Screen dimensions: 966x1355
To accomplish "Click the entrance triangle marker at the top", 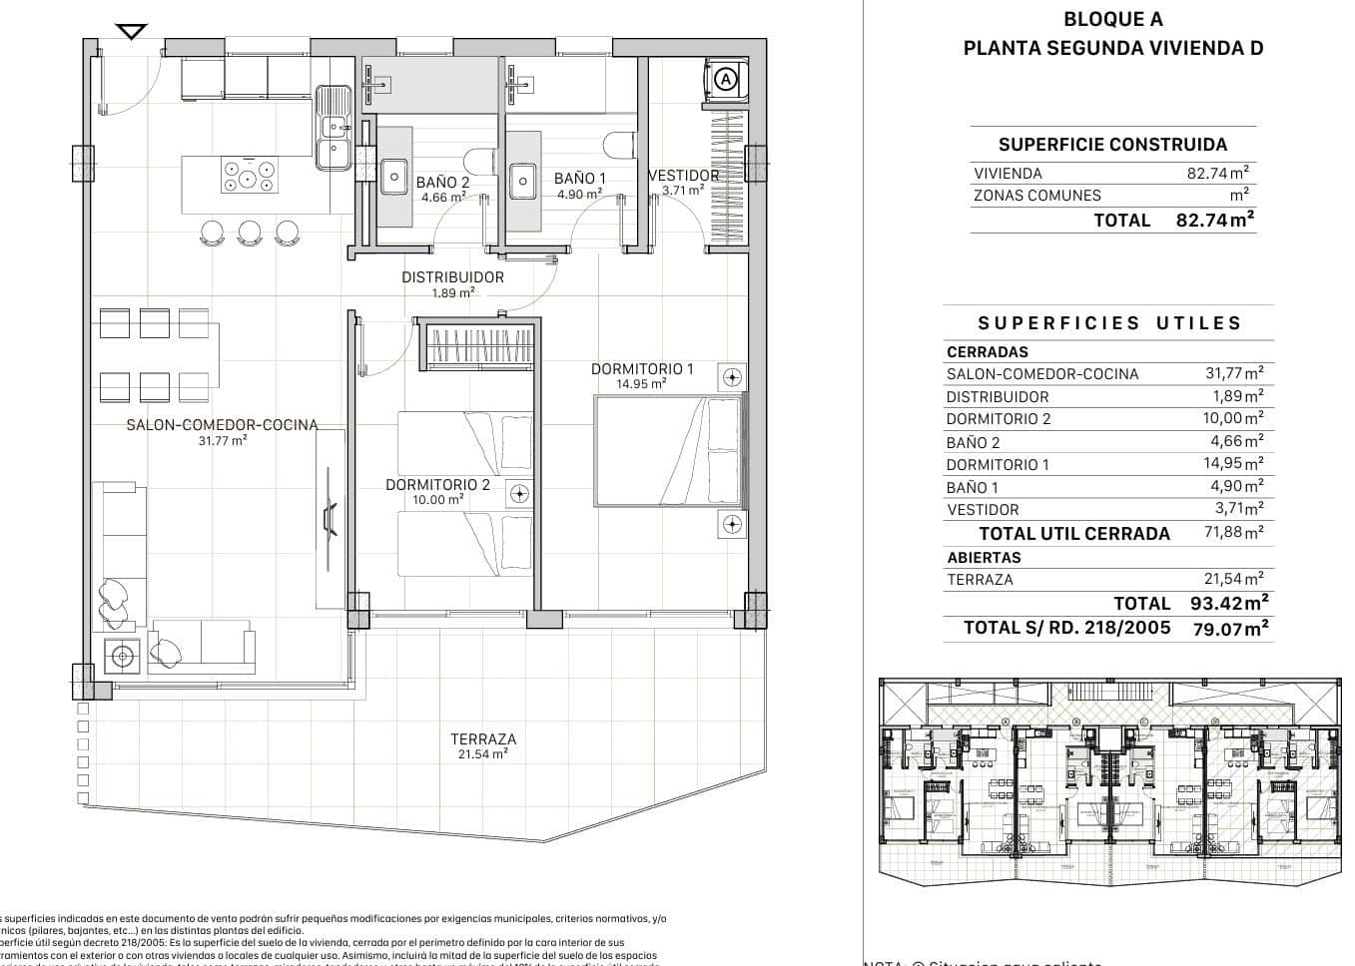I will tap(131, 32).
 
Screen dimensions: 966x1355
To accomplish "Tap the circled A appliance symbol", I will tap(726, 78).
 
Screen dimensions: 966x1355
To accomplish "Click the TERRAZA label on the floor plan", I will tap(483, 739).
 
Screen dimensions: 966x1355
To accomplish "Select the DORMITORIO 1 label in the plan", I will tap(642, 368).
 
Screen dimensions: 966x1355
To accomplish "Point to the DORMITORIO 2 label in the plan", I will tap(438, 485).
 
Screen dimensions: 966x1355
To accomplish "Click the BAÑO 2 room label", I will tap(442, 183).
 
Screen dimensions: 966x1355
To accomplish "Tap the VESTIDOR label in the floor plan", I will tap(684, 176).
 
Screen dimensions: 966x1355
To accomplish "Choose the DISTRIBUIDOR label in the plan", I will tap(452, 277).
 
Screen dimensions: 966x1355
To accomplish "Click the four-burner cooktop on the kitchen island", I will tap(249, 177).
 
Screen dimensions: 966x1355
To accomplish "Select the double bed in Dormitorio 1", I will tap(668, 451).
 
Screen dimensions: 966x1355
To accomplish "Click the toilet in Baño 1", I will tap(620, 145).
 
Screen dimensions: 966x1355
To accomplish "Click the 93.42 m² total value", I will tap(1229, 603).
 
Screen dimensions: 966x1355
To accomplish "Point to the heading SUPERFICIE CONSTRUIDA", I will tap(1112, 145).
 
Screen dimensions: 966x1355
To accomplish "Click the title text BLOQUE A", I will tap(1112, 19).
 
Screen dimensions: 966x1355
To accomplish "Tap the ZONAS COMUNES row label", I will tap(1036, 196).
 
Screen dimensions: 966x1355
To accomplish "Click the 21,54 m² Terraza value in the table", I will tap(1233, 579).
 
